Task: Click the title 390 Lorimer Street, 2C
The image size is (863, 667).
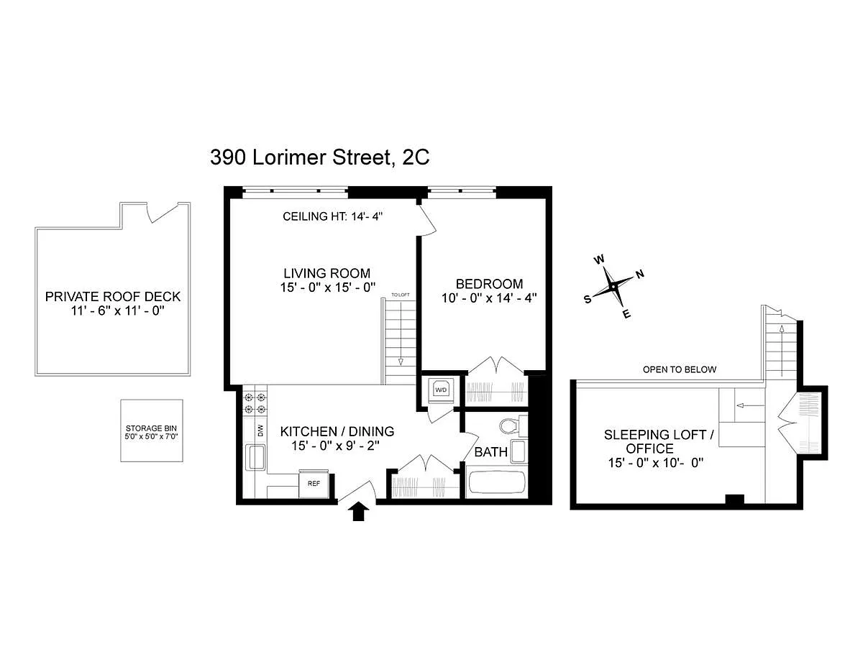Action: [320, 158]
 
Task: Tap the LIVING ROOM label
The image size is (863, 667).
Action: [327, 273]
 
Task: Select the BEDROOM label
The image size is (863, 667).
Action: [489, 284]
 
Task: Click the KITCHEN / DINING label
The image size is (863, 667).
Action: [337, 431]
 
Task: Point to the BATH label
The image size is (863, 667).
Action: [491, 452]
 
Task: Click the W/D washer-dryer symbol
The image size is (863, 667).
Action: [441, 390]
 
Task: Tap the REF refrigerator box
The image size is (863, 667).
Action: [314, 483]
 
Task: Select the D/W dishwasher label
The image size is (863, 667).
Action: [260, 431]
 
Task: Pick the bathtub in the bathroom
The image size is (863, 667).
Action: [496, 482]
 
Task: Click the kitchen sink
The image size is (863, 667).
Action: [256, 457]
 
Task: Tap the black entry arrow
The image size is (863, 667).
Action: [359, 511]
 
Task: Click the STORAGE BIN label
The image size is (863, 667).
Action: [151, 428]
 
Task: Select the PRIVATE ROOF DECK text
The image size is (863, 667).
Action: [113, 297]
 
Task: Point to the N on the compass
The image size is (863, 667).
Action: [640, 274]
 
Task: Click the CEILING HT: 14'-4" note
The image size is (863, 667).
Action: [332, 216]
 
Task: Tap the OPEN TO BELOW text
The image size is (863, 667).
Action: [680, 370]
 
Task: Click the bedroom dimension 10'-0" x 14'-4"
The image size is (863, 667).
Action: [489, 298]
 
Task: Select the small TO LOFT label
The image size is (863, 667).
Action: [401, 295]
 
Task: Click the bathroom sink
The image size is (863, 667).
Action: [519, 451]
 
